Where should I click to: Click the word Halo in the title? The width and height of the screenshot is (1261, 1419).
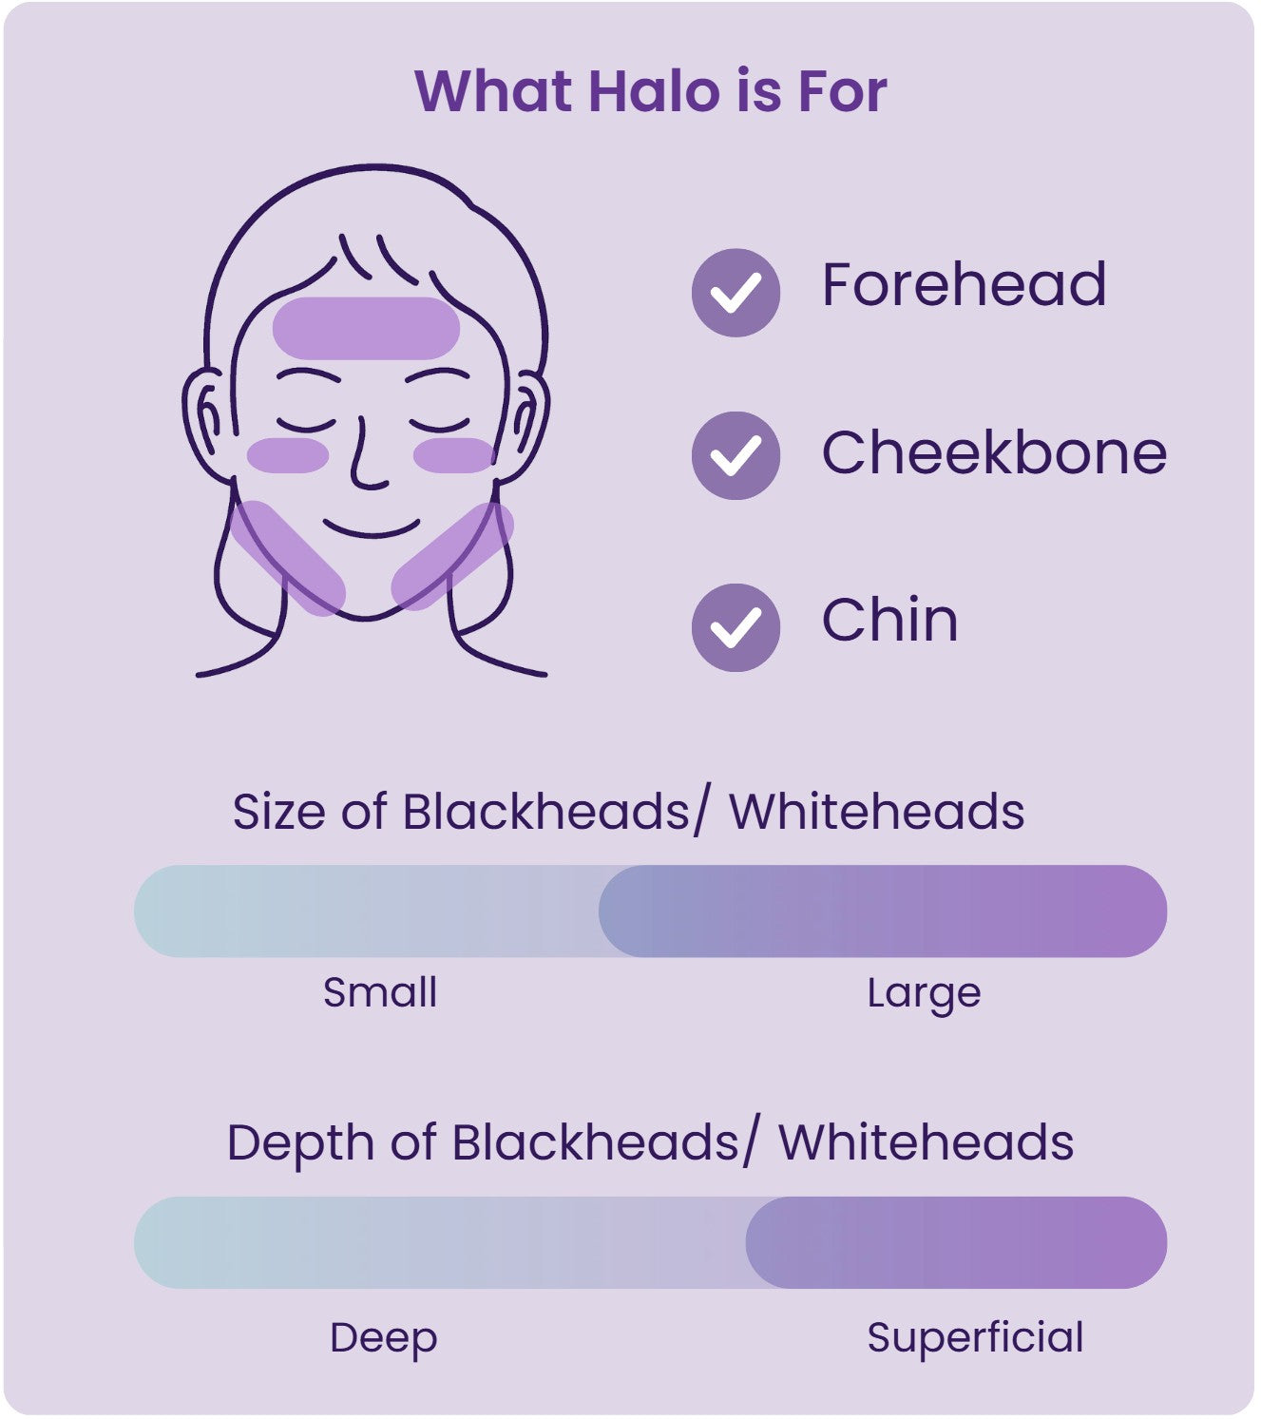[654, 91]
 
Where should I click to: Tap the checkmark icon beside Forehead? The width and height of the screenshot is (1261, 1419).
[736, 292]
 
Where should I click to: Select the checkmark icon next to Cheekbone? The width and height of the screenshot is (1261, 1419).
[736, 455]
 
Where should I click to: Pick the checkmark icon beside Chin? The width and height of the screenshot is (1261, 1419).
[736, 627]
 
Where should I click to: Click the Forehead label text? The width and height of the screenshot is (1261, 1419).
[964, 284]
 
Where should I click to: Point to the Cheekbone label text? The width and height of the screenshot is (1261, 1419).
[994, 452]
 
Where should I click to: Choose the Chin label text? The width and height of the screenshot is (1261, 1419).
[889, 621]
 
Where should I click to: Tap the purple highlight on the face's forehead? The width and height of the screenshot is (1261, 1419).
[366, 328]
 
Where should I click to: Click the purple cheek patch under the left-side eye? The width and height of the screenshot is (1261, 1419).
[288, 455]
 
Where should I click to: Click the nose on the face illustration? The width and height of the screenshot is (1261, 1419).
[366, 461]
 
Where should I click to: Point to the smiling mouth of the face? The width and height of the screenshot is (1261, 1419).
[371, 528]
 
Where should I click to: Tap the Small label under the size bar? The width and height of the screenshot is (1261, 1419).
[380, 993]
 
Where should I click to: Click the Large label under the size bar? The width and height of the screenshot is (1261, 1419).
[924, 994]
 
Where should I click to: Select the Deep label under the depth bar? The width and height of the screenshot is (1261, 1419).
[383, 1337]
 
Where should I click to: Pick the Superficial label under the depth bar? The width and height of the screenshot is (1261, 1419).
[975, 1337]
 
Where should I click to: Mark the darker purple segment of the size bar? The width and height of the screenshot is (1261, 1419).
[882, 911]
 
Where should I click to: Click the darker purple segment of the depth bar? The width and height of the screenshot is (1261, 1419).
[955, 1242]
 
